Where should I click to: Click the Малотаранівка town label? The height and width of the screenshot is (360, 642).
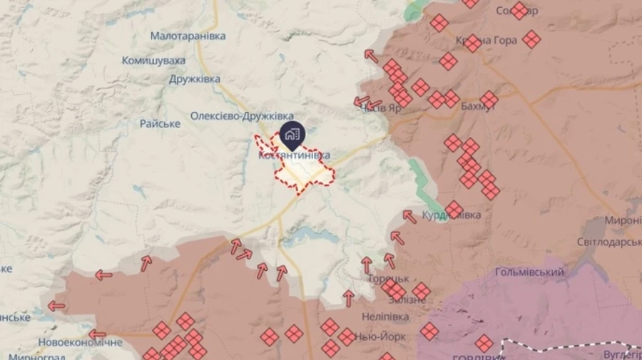pos(188,36)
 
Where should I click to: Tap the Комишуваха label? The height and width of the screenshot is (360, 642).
pos(153,61)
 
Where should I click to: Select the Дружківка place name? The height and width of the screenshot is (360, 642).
pos(195,79)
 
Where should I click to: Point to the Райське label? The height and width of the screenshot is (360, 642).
pos(160,123)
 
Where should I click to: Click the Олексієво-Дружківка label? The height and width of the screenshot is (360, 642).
pos(242,115)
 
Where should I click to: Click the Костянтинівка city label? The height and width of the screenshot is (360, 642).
pos(294,155)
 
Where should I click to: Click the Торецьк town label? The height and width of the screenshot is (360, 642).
pos(389,279)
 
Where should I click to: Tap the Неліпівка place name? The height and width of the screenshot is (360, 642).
pos(385,317)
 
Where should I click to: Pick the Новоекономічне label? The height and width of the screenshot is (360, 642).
pos(81,342)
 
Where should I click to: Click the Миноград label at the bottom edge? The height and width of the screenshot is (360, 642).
pos(33,356)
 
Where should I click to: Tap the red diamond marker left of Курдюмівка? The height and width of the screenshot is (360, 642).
pos(454,210)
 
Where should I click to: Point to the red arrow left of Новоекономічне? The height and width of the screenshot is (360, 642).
pos(96,334)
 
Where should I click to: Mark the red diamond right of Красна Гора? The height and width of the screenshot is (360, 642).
pos(531,39)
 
